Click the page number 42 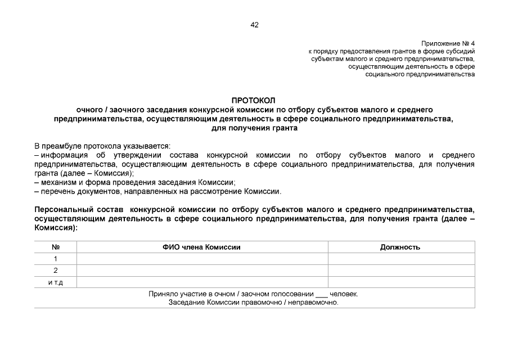[x=254, y=25]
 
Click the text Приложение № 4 [x=448, y=43]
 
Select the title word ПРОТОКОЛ [x=254, y=100]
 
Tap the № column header [x=55, y=247]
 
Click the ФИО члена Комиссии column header [x=202, y=247]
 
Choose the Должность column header [x=400, y=247]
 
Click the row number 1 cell [x=55, y=259]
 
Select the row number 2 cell [x=55, y=271]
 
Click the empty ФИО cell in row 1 [x=202, y=259]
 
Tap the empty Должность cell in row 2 [x=400, y=271]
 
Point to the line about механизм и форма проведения [x=135, y=182]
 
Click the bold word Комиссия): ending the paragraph [x=56, y=228]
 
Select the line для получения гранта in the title [x=254, y=128]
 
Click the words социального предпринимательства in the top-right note [x=420, y=74]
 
